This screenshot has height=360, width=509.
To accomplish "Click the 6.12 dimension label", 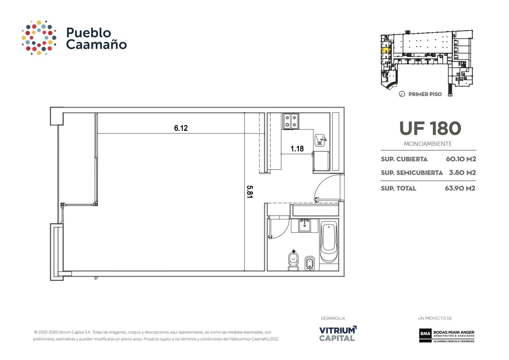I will tap(181, 128).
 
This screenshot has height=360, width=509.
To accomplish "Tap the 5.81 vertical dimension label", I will tap(249, 192).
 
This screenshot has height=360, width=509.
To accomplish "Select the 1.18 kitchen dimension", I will tap(297, 149).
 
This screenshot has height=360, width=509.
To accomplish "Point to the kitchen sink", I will tap(321, 140).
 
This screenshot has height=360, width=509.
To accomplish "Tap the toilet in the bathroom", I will tap(294, 262).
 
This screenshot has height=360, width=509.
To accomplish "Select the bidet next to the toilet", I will tap(310, 264).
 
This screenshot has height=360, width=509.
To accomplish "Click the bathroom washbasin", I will tap(304, 226).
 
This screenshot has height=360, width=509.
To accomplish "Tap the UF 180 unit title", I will tap(430, 128).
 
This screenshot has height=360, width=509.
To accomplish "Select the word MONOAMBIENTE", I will tap(428, 144).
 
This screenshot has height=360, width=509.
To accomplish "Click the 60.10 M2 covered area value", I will tap(461, 159).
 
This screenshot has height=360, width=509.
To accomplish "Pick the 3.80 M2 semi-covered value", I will tap(462, 173).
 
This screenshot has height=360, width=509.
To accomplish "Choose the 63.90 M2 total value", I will tap(460, 188).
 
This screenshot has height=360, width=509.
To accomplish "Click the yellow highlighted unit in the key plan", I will tap(385, 51).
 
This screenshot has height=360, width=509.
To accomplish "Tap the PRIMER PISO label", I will tap(425, 94).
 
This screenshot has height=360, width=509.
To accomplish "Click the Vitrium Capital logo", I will tap(338, 334).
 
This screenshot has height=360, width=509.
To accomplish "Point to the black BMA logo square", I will tap(425, 334).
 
